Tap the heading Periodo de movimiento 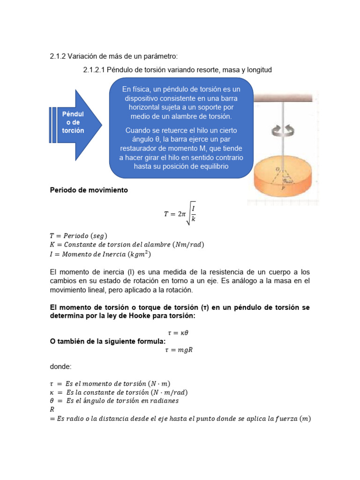(x=89, y=190)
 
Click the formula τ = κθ (x=180, y=332)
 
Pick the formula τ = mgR (x=180, y=349)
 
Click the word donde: (x=61, y=367)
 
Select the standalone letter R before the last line (x=52, y=409)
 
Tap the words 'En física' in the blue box (x=136, y=89)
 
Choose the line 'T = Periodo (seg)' (x=81, y=235)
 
